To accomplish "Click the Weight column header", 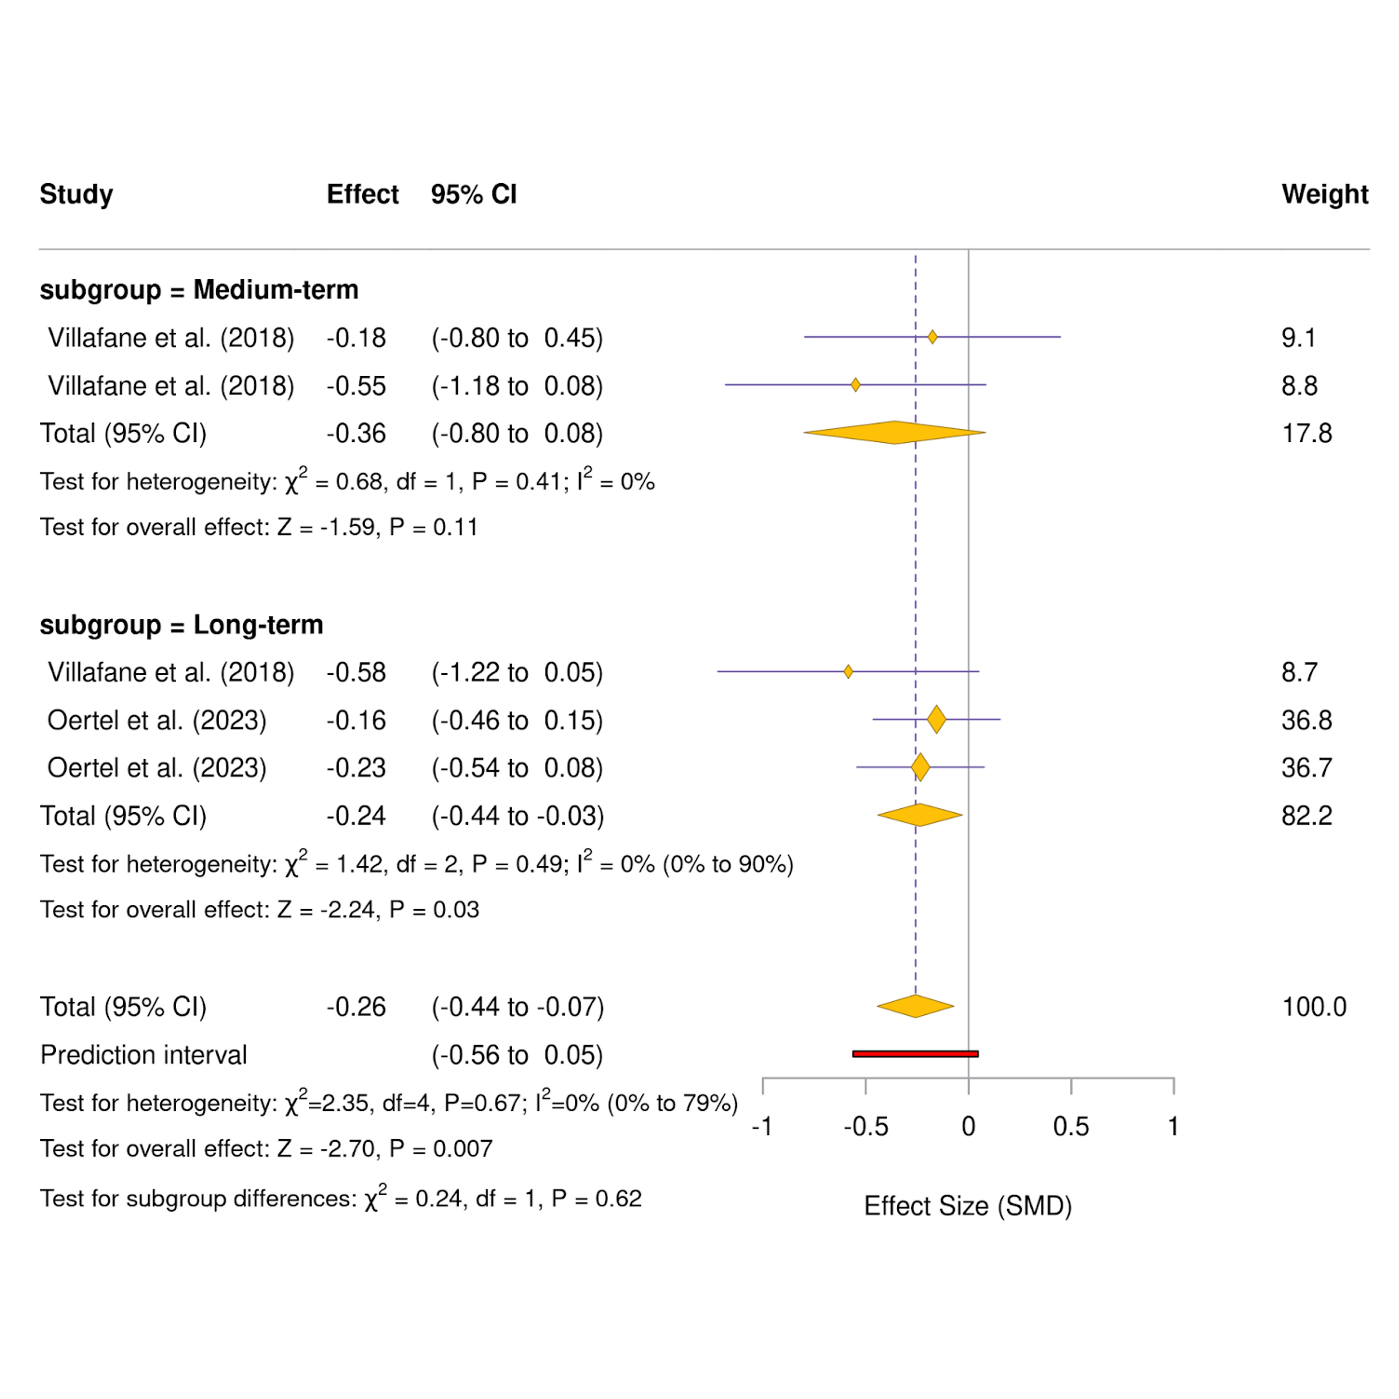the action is [x=1325, y=194].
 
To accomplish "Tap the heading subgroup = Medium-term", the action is [x=199, y=290].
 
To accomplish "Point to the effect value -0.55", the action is [x=356, y=386].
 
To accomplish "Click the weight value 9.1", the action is [x=1298, y=338].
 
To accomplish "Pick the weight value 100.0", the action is [x=1314, y=1007].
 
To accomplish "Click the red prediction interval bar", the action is [x=915, y=1053].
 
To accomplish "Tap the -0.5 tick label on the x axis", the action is [x=865, y=1127].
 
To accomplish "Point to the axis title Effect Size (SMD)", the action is [x=968, y=1206].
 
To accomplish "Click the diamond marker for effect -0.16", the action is [x=936, y=719].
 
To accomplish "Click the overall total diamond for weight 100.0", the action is [x=915, y=1006].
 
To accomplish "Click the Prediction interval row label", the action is [x=143, y=1054].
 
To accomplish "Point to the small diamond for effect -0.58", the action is [x=848, y=671].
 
